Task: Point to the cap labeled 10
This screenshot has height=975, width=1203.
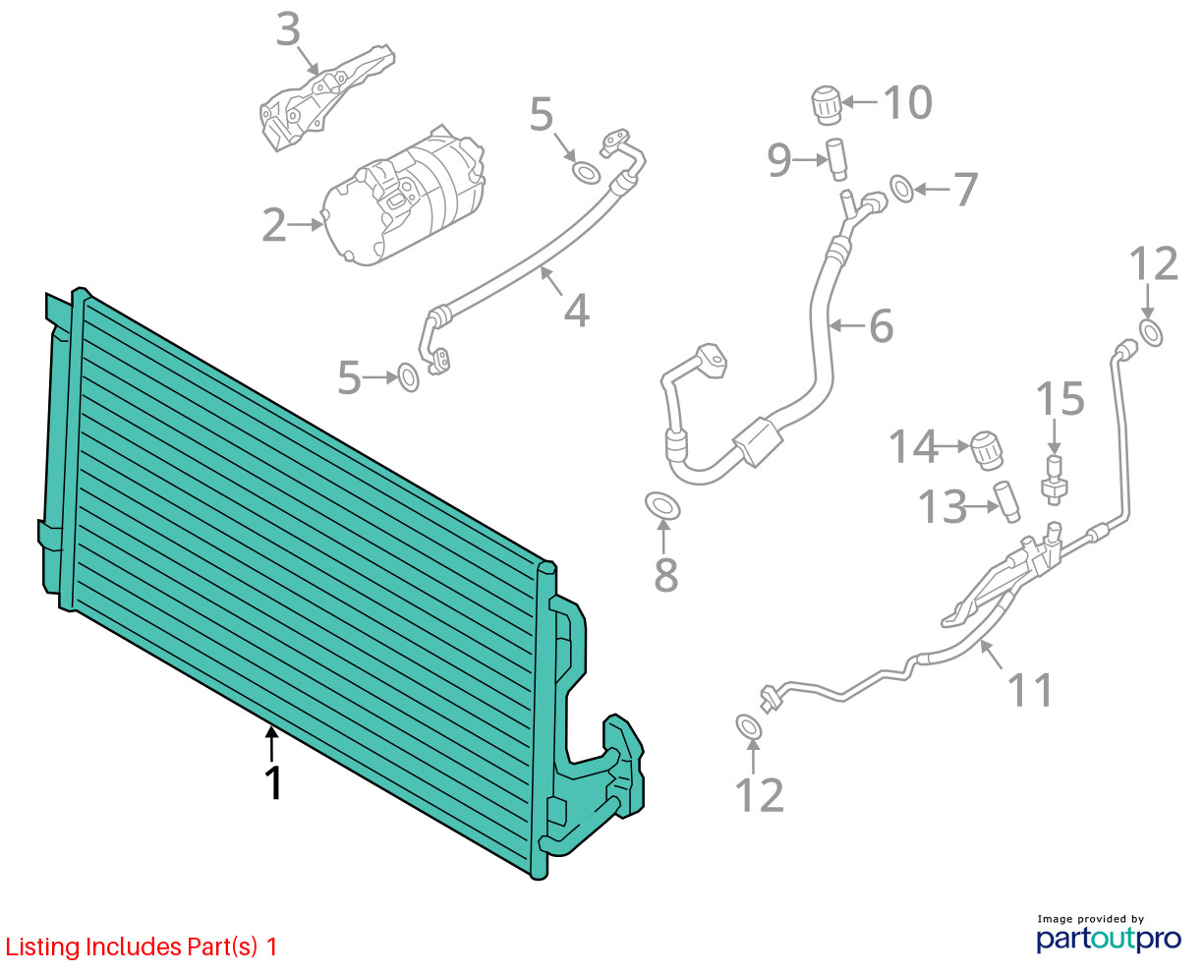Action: tap(827, 105)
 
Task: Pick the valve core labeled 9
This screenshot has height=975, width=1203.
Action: tap(835, 159)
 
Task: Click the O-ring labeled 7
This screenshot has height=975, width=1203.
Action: tap(902, 189)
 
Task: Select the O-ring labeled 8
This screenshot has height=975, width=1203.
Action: tap(662, 505)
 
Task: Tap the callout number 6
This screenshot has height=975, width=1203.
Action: tap(881, 326)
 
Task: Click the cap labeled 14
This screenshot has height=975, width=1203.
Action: tap(986, 450)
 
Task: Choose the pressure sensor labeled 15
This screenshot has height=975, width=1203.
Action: tap(1054, 481)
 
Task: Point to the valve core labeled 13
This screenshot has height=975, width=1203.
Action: tap(1006, 501)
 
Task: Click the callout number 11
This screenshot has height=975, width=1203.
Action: tap(1030, 690)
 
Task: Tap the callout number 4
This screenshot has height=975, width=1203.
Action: tap(577, 311)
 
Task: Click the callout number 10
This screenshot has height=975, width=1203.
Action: tap(907, 103)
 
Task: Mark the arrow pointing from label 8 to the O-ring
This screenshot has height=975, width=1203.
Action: tap(664, 538)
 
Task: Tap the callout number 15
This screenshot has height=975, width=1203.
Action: tap(1060, 399)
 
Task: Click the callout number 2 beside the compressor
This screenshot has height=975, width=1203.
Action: tap(274, 225)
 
